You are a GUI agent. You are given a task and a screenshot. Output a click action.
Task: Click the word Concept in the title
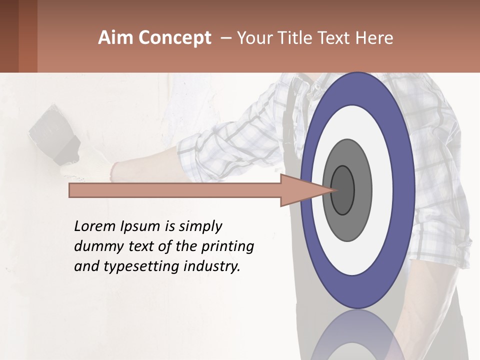(x=175, y=38)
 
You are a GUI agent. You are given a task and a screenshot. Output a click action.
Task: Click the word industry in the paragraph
(x=212, y=266)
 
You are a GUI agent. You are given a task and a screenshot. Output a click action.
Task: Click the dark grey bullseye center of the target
(x=343, y=190)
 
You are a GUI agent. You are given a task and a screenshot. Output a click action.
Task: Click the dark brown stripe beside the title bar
(x=28, y=36)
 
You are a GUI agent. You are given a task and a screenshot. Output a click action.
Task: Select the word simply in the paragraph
(x=200, y=226)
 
